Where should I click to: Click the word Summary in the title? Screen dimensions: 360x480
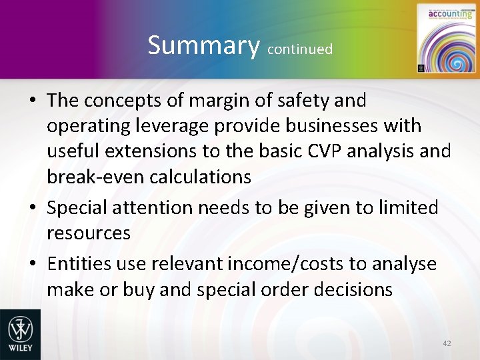(x=204, y=45)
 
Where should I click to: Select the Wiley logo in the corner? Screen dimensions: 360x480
(x=20, y=334)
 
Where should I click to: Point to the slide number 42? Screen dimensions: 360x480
(x=447, y=343)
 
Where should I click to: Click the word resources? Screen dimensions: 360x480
(x=89, y=233)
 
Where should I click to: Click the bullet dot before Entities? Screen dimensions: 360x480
(x=33, y=265)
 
